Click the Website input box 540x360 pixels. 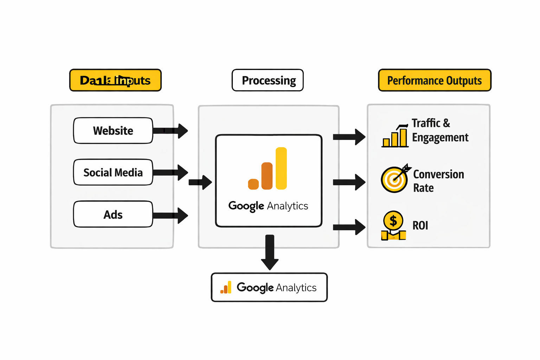pos(113,131)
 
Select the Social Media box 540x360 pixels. pos(113,172)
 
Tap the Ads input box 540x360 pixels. pos(113,214)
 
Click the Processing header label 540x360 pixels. pos(268,81)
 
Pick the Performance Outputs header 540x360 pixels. pos(435,81)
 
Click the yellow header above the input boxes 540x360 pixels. pos(115,81)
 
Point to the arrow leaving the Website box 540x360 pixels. pos(171,131)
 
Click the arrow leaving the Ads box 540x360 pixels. pos(171,215)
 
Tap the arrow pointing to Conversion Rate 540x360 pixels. pos(349,182)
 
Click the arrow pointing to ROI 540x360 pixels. pos(349,227)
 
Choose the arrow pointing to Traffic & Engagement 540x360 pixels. pos(349,137)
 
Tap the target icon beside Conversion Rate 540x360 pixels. pos(395,179)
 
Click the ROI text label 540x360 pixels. pos(420,226)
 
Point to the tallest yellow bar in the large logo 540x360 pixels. pos(281,168)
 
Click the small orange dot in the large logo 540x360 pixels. pos(253,184)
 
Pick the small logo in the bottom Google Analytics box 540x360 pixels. pos(226,288)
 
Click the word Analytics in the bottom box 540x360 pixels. pos(296,288)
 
